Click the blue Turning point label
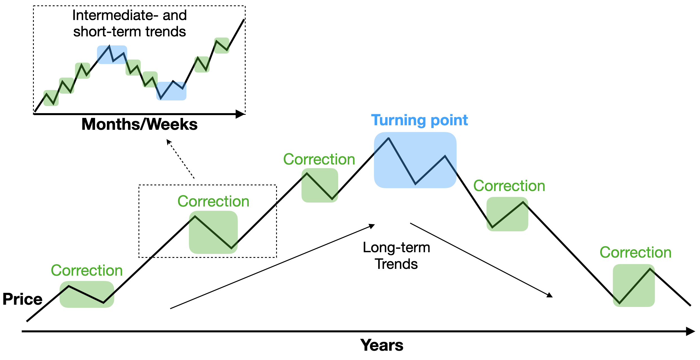click(419, 120)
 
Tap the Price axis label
click(23, 299)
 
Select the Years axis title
click(382, 345)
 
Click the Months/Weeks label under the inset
click(140, 124)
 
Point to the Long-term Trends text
click(396, 256)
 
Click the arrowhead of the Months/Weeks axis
click(240, 114)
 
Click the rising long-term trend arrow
click(272, 267)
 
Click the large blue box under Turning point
click(415, 160)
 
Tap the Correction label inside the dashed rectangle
click(213, 201)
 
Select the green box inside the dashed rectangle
click(213, 232)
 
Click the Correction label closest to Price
click(87, 271)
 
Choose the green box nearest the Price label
click(87, 294)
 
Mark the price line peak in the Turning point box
click(388, 138)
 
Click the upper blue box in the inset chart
click(112, 55)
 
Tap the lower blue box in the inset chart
click(171, 91)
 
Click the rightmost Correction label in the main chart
click(635, 253)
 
